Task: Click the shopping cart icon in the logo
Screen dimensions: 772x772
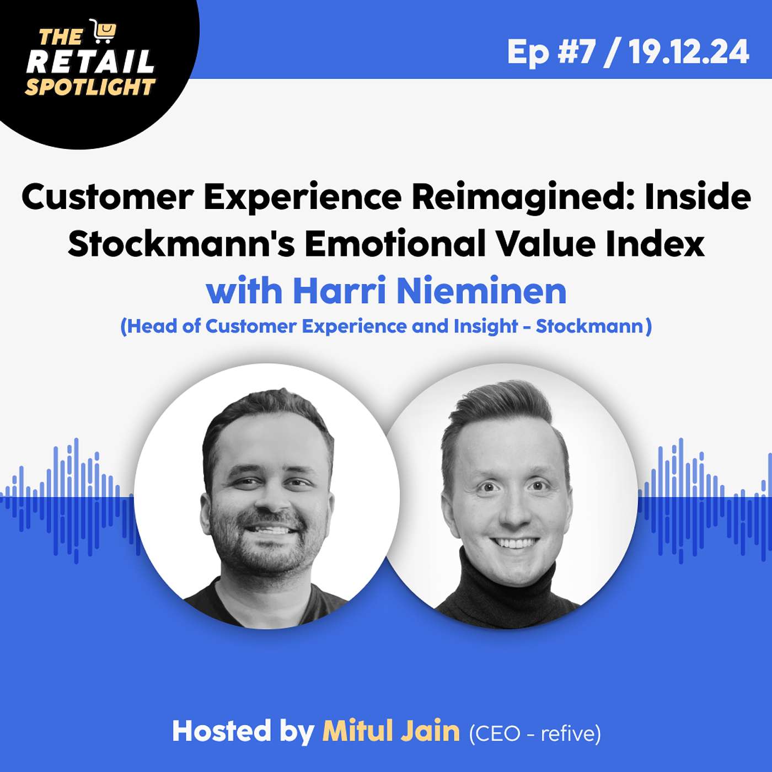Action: [x=103, y=31]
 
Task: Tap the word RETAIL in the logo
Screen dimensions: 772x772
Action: [x=90, y=61]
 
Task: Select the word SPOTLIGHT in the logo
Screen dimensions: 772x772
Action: [x=90, y=87]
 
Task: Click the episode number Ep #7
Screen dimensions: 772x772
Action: [x=551, y=52]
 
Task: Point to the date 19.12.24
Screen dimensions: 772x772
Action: [x=688, y=52]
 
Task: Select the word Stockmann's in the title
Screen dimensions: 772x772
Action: [x=181, y=244]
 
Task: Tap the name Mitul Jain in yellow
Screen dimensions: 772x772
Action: [x=391, y=731]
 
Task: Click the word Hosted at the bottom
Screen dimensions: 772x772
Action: [x=221, y=731]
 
